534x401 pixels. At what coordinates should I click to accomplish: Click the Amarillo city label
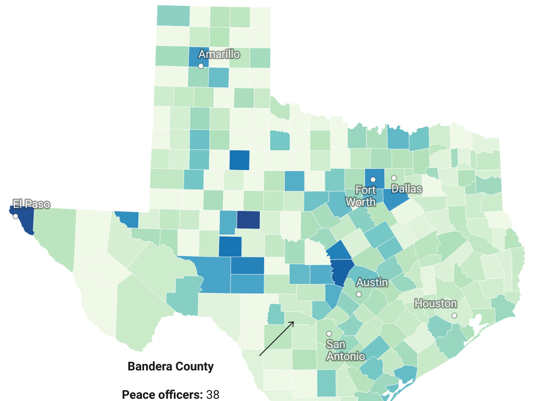coord(219,54)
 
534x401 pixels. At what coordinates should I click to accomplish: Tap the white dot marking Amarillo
coord(201,66)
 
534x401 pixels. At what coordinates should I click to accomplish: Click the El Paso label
coord(31,204)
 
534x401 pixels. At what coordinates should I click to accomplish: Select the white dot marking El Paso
coord(15,216)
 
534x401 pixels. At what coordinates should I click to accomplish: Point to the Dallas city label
coord(407,189)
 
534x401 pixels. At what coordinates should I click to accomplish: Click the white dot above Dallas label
coord(394,178)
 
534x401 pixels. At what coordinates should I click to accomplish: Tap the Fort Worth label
coord(361,196)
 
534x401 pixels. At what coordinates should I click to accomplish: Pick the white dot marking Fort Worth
coord(373,179)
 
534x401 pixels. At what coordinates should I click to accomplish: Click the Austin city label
coord(372,282)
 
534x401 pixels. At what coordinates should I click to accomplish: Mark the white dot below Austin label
coord(358,294)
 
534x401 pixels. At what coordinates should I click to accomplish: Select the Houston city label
coord(436,303)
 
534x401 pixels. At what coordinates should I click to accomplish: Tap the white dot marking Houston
coord(454,316)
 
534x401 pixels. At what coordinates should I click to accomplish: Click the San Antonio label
coord(345,350)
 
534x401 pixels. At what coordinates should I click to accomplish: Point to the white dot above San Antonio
coord(329,334)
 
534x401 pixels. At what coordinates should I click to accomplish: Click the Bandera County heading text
coord(170,367)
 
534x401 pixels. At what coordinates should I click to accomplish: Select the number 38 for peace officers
coord(213,395)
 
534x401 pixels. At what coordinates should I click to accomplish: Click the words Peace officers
coord(162,395)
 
